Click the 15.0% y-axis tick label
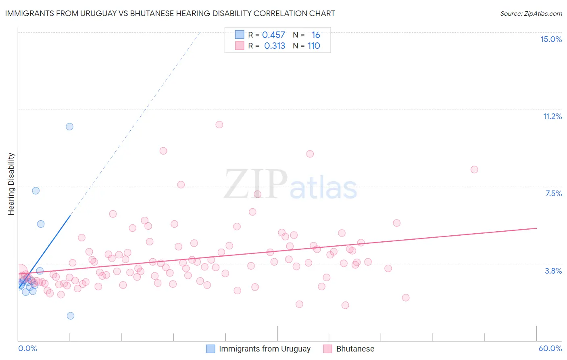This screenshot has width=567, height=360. point(551,39)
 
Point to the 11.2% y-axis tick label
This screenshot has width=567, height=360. point(552,116)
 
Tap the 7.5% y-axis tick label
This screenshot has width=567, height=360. point(553,193)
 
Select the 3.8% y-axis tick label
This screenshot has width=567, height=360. point(553,271)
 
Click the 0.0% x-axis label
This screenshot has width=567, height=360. point(27,348)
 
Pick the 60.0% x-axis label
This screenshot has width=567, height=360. point(550,348)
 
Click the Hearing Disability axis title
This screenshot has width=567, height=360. point(11,184)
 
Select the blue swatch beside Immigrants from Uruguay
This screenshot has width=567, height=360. point(211,349)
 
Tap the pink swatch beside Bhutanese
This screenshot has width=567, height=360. point(327,349)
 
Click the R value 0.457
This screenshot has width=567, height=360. point(273,35)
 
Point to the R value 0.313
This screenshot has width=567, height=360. point(274,46)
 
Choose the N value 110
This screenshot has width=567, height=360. point(314,46)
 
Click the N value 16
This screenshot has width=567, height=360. point(316,35)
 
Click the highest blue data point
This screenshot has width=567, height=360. point(69,126)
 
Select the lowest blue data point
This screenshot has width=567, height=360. point(71,316)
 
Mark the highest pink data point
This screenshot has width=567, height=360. point(219,124)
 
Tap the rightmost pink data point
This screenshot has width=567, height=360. point(474,170)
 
